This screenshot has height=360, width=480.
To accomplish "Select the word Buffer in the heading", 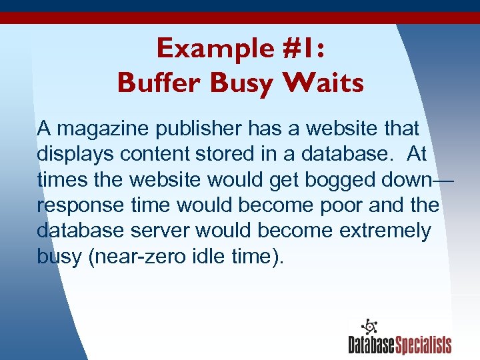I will (x=159, y=83).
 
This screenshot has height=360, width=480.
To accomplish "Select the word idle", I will (x=205, y=255).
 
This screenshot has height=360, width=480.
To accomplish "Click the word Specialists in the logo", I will (x=424, y=345).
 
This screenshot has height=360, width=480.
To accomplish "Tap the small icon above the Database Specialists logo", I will (x=368, y=327).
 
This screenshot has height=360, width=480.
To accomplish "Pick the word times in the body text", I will (x=61, y=179).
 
